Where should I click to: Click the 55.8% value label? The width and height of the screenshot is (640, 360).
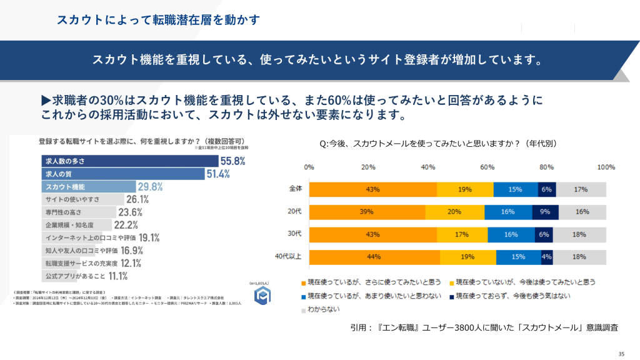[x=232, y=161]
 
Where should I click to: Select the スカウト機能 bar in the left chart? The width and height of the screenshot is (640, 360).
[x=87, y=186]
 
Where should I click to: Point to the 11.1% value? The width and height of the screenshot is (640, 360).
[x=118, y=276]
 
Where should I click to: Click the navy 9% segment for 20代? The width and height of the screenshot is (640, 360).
[x=544, y=212]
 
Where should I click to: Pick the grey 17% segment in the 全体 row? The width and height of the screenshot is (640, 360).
[x=581, y=189]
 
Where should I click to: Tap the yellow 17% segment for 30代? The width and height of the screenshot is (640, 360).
[x=462, y=234]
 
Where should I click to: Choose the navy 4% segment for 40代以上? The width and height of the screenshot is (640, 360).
[x=547, y=257]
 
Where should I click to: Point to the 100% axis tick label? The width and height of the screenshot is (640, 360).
[x=606, y=167]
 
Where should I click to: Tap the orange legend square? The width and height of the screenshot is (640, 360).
[x=304, y=282]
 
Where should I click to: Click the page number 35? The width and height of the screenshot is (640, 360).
[x=621, y=352]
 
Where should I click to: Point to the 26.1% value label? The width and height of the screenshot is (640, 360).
[x=137, y=199]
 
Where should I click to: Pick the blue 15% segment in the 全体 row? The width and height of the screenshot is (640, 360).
[x=515, y=189]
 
